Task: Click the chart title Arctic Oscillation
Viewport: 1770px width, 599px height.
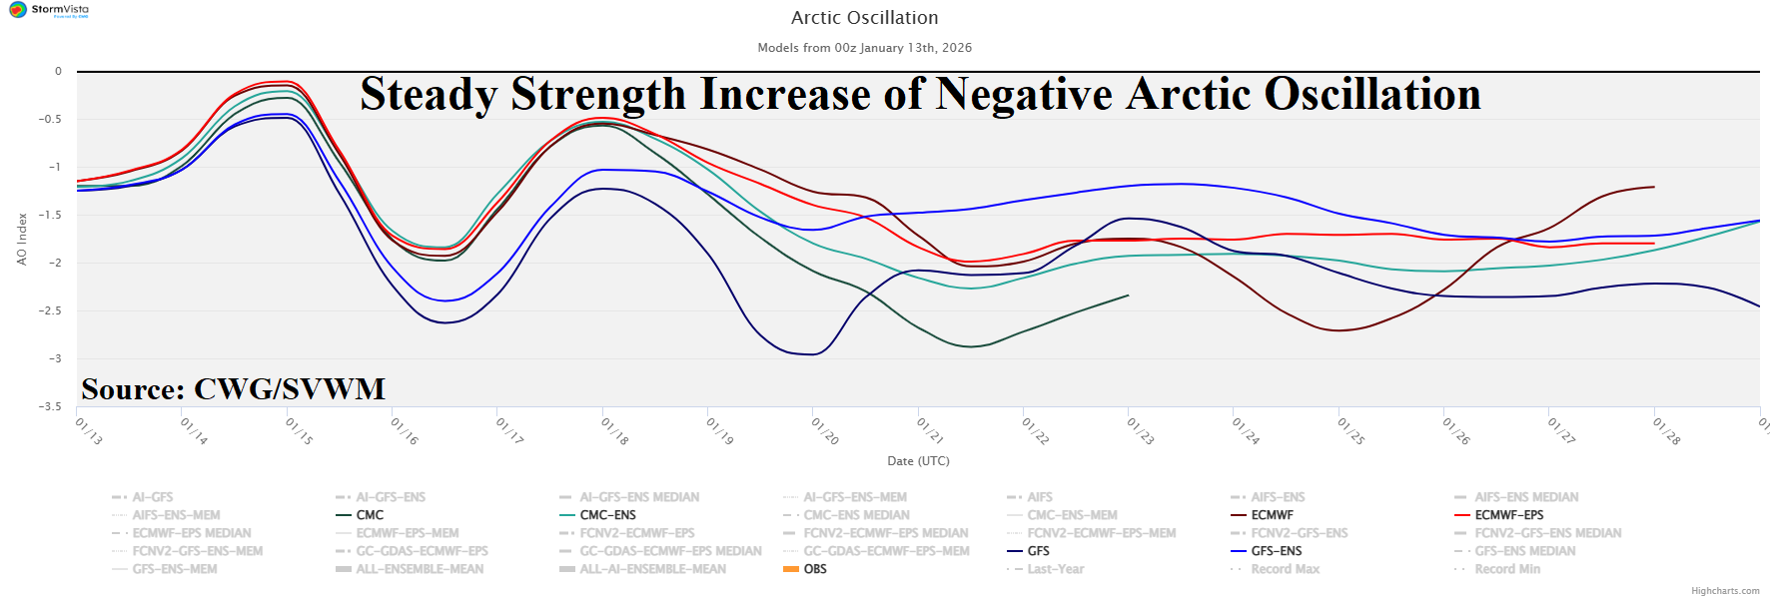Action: coord(864,18)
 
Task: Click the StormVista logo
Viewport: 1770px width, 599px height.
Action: coord(49,10)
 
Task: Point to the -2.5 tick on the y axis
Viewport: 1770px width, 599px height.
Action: coord(50,310)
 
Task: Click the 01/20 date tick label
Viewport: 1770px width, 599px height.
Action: coord(825,431)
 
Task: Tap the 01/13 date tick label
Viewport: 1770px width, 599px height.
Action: coord(89,431)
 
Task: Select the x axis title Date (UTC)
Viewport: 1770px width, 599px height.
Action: coord(918,461)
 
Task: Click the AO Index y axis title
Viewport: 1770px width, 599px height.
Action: coord(22,239)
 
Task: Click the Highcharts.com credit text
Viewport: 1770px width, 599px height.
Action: coord(1725,591)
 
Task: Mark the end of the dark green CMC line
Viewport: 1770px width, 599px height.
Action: coord(1128,296)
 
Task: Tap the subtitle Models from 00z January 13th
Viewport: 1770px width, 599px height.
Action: coord(864,48)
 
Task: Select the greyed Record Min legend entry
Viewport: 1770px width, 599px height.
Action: coord(1507,569)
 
